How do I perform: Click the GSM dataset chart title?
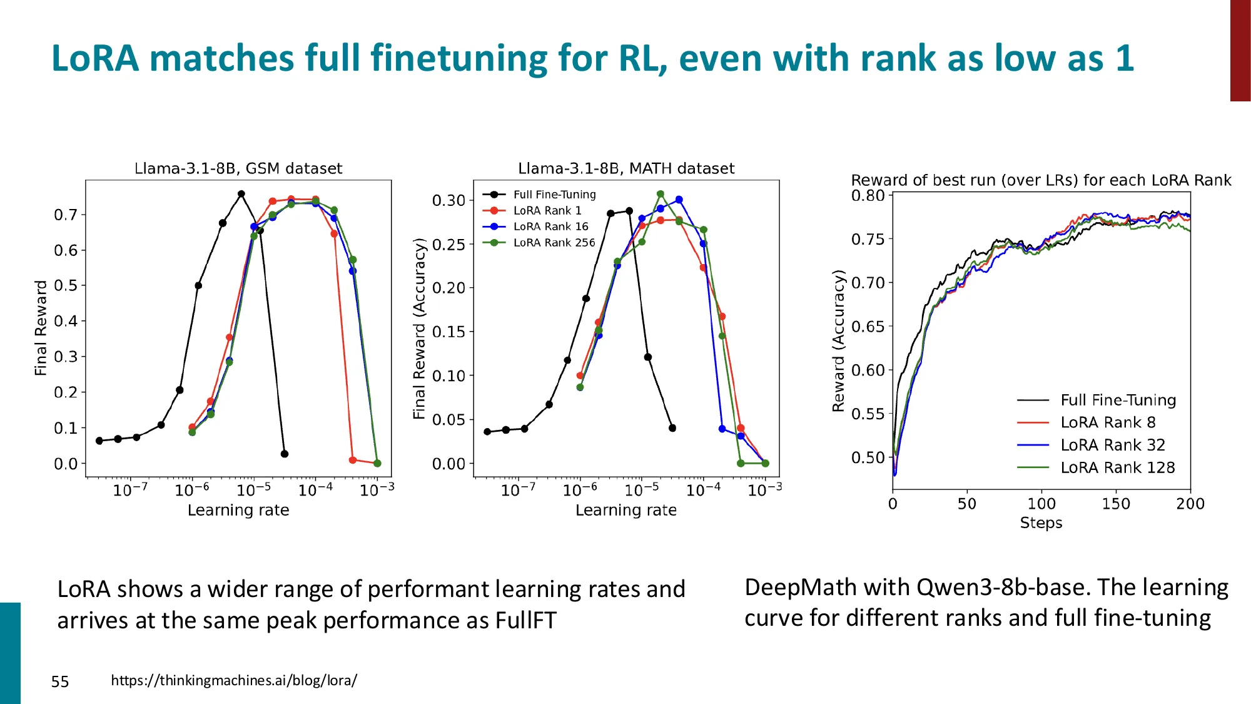(238, 168)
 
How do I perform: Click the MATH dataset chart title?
(626, 168)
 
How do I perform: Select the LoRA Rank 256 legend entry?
(554, 243)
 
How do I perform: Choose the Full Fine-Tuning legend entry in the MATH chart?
(554, 195)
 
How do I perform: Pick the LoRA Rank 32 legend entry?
(1113, 445)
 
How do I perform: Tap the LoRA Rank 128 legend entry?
(1117, 467)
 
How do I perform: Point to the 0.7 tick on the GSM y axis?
(66, 215)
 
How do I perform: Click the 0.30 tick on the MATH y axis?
(448, 200)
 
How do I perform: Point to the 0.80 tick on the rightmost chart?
(868, 195)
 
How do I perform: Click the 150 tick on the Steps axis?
(1116, 504)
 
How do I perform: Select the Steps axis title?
(1041, 523)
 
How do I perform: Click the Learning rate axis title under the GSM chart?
(238, 510)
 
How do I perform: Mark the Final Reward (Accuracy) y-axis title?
(419, 329)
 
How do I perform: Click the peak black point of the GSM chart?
(241, 194)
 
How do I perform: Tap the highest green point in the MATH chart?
(661, 194)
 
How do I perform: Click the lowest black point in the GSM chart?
(285, 454)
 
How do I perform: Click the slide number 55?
(60, 681)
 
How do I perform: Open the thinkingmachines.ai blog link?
(234, 680)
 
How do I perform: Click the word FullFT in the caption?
(525, 621)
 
